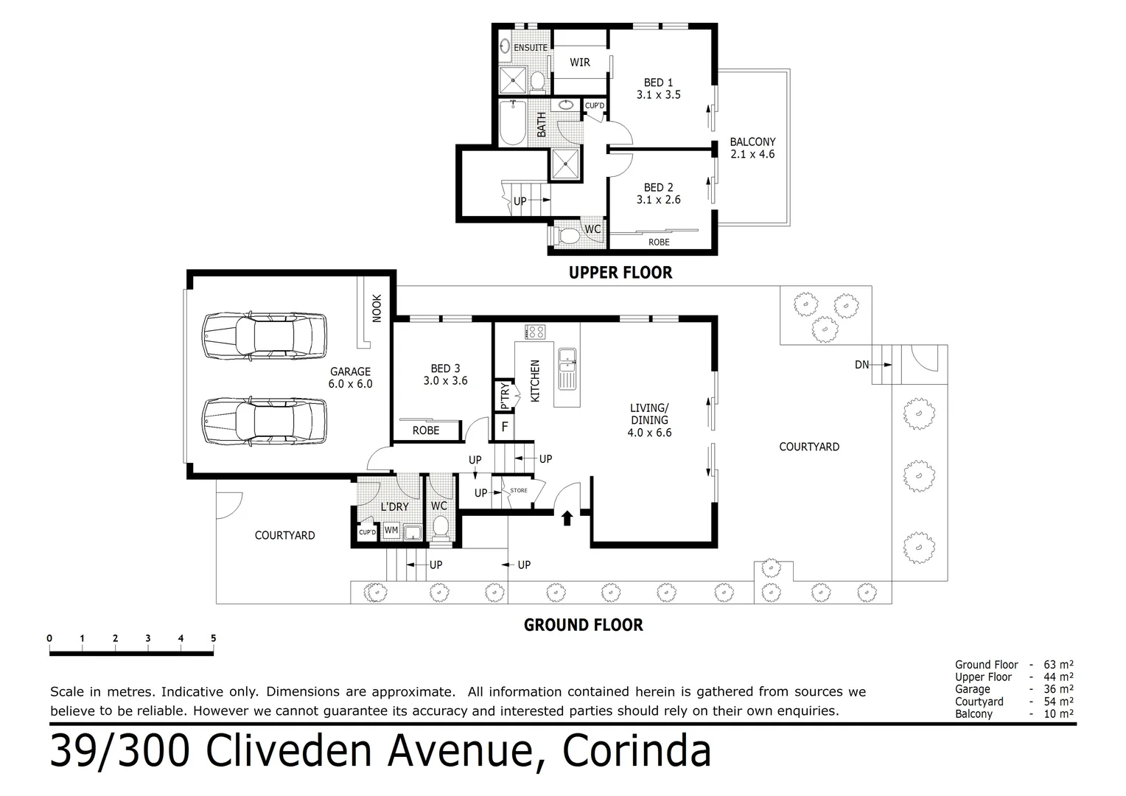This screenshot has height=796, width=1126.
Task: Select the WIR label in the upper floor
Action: click(579, 63)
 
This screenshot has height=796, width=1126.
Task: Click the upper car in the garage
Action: click(265, 335)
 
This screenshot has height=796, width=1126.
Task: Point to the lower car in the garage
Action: click(265, 422)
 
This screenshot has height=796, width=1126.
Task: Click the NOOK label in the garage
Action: click(377, 308)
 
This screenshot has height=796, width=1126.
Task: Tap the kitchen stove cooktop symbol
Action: click(535, 332)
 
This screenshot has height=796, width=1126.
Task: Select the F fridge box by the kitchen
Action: click(505, 426)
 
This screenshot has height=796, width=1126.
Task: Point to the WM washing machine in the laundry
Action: click(391, 530)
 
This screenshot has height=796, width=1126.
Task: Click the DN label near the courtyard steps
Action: click(861, 364)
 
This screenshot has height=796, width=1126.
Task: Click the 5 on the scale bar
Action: click(214, 638)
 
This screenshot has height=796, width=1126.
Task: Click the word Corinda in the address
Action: click(637, 751)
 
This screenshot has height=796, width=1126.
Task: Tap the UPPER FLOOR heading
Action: click(620, 273)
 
